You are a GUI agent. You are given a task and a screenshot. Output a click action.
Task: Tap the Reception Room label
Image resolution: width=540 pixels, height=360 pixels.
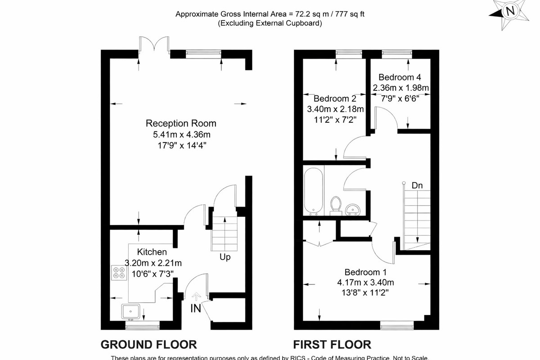click(181, 123)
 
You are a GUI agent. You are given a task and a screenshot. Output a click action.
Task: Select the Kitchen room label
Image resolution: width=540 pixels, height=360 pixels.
click(152, 252)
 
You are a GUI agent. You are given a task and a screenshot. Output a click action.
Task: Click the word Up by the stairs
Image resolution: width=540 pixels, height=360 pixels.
click(225, 257)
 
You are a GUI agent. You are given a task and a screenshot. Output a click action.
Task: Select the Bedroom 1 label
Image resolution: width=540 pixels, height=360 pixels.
click(365, 272)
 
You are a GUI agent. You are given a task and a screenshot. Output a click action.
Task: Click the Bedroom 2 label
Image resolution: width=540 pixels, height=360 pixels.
click(335, 99)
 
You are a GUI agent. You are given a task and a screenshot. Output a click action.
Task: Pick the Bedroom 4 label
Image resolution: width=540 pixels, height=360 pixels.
click(400, 77)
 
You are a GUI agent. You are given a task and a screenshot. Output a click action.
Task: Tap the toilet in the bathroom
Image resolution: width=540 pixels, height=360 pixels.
click(335, 204)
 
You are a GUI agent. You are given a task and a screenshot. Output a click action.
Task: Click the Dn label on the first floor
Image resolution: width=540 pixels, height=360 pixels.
click(417, 185)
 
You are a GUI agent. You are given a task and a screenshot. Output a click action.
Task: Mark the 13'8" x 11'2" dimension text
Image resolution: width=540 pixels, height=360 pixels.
click(366, 292)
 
